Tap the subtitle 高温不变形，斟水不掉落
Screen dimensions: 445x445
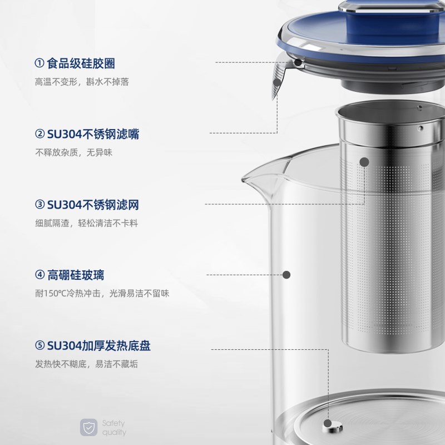click(82, 82)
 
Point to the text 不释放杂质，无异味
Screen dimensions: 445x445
click(74, 152)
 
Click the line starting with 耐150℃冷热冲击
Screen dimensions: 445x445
click(102, 294)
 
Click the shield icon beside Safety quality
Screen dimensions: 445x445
click(88, 427)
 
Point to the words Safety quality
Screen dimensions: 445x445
click(114, 427)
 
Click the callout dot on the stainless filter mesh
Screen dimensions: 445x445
click(364, 162)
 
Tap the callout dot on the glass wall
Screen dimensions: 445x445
click(287, 275)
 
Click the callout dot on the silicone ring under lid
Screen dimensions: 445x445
click(299, 63)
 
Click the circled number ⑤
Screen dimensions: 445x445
click(39, 346)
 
